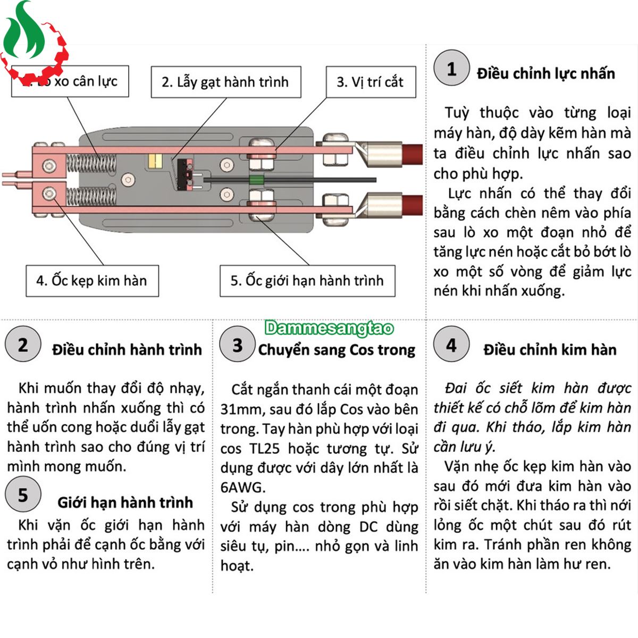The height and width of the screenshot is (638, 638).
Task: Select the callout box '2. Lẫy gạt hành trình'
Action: [x=226, y=82]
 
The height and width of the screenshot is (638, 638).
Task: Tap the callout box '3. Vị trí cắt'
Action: [x=370, y=82]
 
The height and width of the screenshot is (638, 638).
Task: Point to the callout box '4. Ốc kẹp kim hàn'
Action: [x=92, y=280]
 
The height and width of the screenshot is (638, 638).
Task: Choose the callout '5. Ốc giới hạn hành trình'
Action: [x=307, y=280]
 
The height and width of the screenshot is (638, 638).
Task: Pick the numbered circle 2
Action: [x=23, y=345]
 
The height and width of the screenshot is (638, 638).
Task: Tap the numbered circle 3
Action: [x=237, y=345]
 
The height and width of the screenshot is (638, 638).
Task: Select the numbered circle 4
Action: [x=451, y=345]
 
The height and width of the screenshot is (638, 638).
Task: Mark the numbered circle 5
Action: [x=23, y=494]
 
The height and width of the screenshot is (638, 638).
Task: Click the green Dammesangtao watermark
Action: [x=329, y=328]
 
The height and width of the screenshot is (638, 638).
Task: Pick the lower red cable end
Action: [x=412, y=205]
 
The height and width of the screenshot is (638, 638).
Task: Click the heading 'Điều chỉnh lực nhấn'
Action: [x=545, y=73]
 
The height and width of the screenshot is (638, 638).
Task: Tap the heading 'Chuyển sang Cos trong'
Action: [x=337, y=350]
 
